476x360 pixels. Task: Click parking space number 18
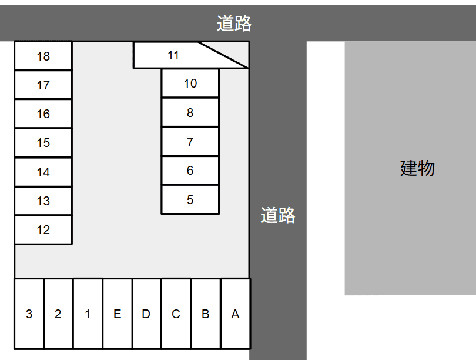pos(43,56)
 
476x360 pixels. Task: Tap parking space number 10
pos(190,84)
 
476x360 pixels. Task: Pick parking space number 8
pos(190,112)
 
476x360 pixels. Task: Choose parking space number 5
pos(190,199)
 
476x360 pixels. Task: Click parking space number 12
pos(43,229)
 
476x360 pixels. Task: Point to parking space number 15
pos(43,143)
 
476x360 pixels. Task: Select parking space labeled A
pos(235,314)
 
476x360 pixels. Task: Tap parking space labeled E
pos(118,314)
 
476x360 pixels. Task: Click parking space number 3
pos(29,314)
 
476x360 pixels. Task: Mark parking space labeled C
pos(176,314)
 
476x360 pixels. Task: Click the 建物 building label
pos(417,168)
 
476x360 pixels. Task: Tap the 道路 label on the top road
pos(234,24)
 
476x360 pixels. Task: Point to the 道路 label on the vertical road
pos(278,215)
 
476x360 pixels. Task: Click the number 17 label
pos(43,85)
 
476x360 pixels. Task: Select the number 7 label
pos(190,142)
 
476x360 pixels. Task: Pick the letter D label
pos(146,314)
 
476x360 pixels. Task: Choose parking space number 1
pos(88,314)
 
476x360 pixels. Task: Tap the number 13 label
pos(43,201)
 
